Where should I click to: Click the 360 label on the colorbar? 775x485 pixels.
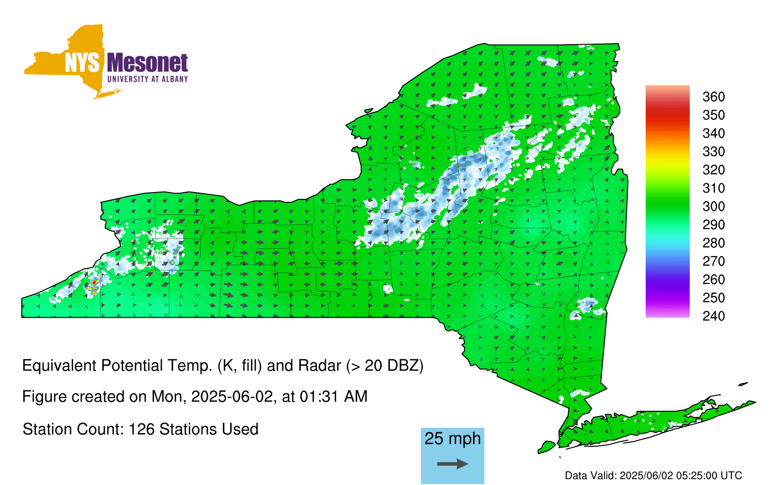point(713,97)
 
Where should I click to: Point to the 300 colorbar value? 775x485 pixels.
point(713,207)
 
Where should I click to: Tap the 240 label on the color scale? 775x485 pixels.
point(713,316)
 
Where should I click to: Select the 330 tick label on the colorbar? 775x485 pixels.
point(713,151)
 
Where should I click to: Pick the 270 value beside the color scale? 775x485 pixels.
point(713,261)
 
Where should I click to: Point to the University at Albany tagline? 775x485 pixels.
point(147,79)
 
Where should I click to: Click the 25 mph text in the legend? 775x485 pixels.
point(452,438)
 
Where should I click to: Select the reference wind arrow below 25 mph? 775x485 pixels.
point(452,464)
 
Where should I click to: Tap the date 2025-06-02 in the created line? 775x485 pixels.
point(232,397)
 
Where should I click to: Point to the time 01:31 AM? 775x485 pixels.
point(334,397)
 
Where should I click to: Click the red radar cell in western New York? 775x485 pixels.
point(94,283)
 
